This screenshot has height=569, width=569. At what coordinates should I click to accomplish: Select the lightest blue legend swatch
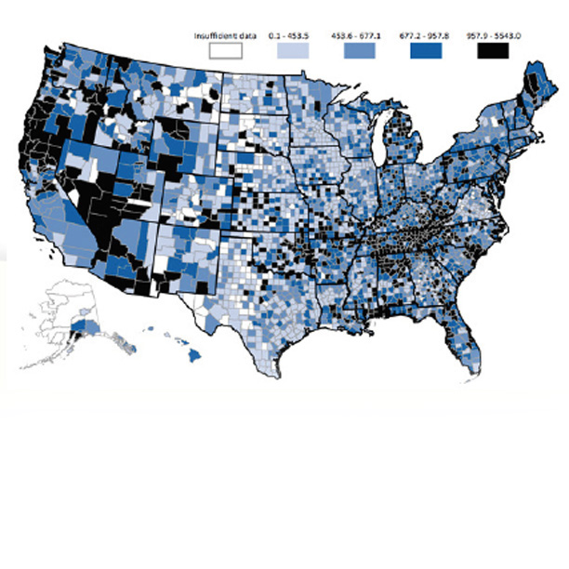click(298, 51)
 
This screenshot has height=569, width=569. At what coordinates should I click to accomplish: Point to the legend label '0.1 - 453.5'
click(298, 35)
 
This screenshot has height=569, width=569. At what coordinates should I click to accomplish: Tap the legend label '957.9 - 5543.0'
click(496, 35)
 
